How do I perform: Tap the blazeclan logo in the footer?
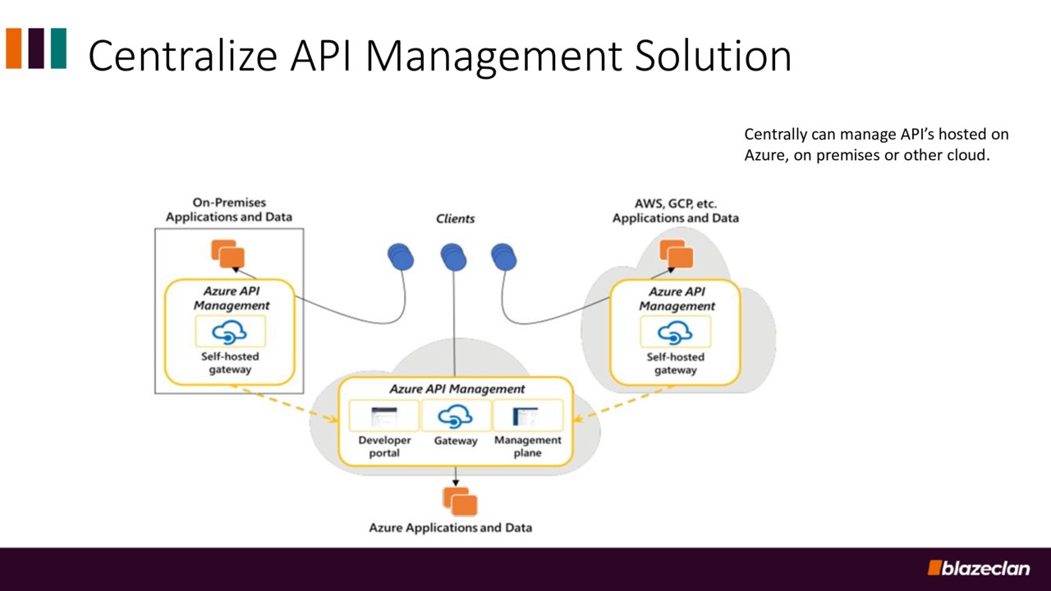pyautogui.click(x=978, y=568)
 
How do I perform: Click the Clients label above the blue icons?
pyautogui.click(x=455, y=218)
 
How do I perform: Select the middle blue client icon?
pyautogui.click(x=453, y=257)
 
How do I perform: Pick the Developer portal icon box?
pyautogui.click(x=383, y=416)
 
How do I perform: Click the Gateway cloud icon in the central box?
pyautogui.click(x=456, y=416)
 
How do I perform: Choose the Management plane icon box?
pyautogui.click(x=527, y=416)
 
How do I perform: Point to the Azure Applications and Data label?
pyautogui.click(x=450, y=528)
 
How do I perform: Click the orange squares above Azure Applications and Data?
pyautogui.click(x=460, y=501)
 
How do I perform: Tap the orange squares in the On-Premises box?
pyautogui.click(x=228, y=254)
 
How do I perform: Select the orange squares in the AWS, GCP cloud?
pyautogui.click(x=677, y=254)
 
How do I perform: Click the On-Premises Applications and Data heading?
pyautogui.click(x=229, y=210)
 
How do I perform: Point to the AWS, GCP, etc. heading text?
pyautogui.click(x=676, y=203)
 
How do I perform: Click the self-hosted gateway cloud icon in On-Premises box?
pyautogui.click(x=230, y=332)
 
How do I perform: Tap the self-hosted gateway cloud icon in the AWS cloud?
pyautogui.click(x=675, y=332)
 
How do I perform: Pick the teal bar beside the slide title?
pyautogui.click(x=58, y=48)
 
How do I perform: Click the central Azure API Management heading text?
pyautogui.click(x=457, y=388)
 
